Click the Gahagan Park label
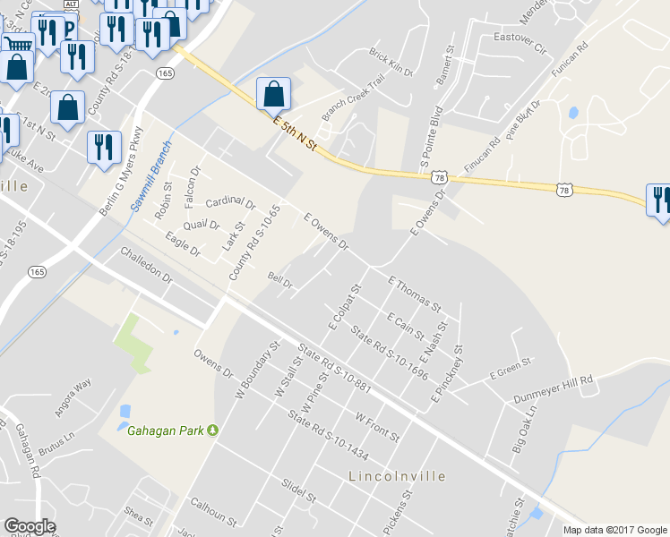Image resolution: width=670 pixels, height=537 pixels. click(x=166, y=430)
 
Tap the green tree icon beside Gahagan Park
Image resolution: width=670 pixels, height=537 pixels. click(x=213, y=430)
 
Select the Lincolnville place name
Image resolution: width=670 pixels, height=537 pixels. click(x=395, y=476)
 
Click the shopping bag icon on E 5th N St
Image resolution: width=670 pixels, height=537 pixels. click(x=274, y=94)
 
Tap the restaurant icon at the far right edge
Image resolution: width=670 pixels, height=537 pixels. click(x=661, y=200)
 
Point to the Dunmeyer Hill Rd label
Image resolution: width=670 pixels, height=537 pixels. click(x=554, y=388)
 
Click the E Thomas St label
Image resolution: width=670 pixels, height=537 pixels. click(x=415, y=294)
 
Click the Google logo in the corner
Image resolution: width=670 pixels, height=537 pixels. click(x=30, y=526)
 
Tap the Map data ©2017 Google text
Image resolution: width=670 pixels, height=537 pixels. click(x=614, y=530)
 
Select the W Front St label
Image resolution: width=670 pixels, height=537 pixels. click(x=377, y=427)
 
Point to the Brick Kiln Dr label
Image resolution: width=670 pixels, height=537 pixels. click(x=391, y=63)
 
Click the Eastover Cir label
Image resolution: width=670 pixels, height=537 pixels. click(x=520, y=43)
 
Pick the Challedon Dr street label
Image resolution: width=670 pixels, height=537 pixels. click(x=146, y=265)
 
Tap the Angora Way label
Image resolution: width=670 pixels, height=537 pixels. click(x=71, y=391)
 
